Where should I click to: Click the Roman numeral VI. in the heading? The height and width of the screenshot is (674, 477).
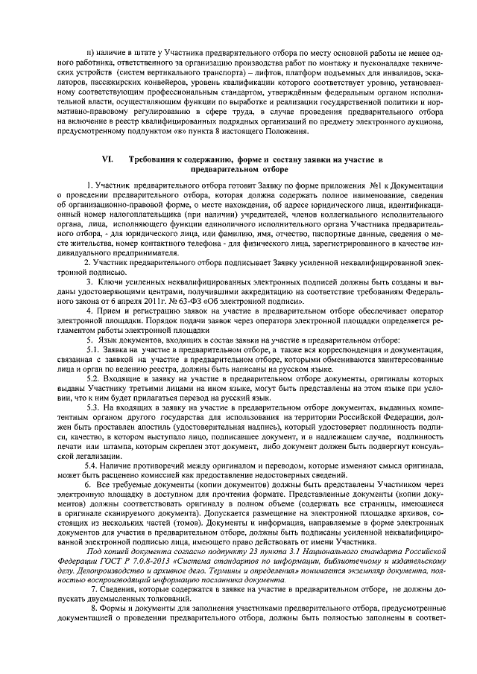coord(107,160)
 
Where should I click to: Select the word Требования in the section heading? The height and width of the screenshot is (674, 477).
coord(154,160)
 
